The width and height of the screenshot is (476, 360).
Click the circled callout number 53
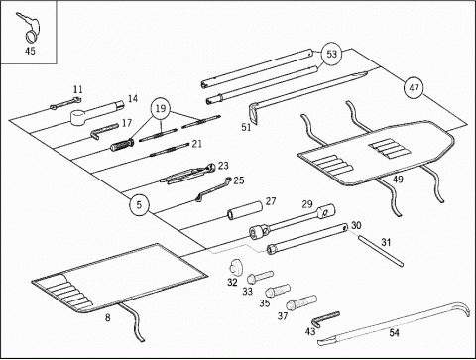point(331,54)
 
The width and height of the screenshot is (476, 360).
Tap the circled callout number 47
point(414,88)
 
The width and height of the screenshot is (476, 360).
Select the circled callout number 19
point(161,108)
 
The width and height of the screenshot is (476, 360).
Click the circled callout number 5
point(139,205)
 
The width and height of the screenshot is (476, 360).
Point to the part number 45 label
point(30,51)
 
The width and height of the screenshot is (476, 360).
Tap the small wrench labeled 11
point(65,103)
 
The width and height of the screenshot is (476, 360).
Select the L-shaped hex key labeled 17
point(104,131)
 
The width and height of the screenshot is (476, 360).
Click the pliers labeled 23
point(187,174)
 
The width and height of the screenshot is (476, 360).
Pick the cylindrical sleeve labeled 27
point(245,209)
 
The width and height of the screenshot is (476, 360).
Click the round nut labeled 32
point(236,268)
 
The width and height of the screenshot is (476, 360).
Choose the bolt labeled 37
point(301,302)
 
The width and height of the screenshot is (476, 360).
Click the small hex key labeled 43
point(325,318)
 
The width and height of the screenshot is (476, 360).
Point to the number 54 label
point(394,332)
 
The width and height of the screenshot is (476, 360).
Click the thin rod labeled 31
point(380,250)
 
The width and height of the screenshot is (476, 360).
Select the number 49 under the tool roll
point(398,180)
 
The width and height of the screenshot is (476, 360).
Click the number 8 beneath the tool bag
point(108,317)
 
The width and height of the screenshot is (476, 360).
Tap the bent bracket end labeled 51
point(254,114)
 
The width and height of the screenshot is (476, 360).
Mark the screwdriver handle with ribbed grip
point(122,145)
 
